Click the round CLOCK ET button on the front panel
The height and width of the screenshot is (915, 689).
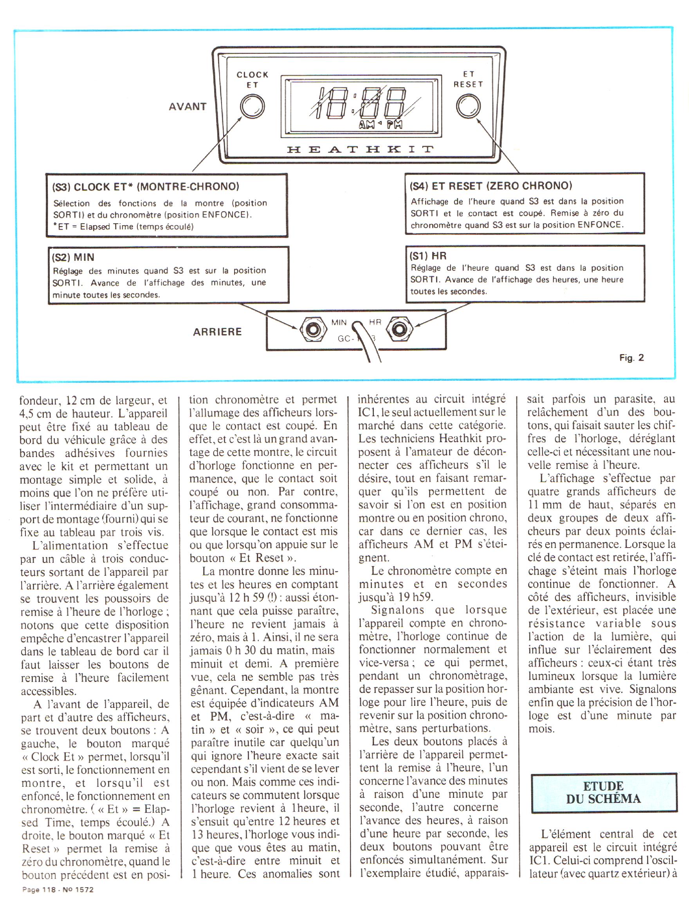[252, 107]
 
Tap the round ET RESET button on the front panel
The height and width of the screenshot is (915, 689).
[468, 106]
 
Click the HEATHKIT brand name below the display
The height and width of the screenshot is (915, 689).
[360, 150]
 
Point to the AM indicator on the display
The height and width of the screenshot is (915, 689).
[366, 124]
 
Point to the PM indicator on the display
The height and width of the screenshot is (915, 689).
[394, 124]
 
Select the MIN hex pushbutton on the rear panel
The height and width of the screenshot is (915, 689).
[312, 330]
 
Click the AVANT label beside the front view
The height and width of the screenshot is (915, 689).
[187, 107]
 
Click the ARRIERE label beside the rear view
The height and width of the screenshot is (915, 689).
[217, 332]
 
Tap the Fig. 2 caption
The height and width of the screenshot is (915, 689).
[631, 358]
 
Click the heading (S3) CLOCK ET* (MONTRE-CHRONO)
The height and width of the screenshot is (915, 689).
[146, 186]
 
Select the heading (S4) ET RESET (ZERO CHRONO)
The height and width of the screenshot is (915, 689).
[491, 186]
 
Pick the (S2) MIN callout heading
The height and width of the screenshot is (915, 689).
[73, 257]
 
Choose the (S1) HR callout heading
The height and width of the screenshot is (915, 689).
[428, 256]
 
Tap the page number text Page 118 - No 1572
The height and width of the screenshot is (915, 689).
[58, 890]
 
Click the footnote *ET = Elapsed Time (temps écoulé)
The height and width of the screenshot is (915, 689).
[123, 227]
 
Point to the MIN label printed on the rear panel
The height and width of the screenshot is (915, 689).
[339, 322]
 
